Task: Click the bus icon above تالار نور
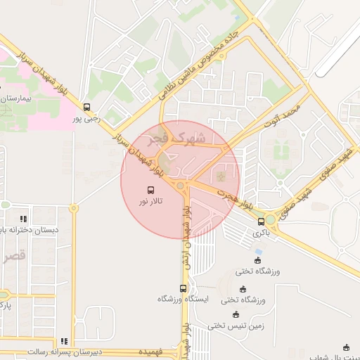click(x=150, y=190)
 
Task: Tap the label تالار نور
click(x=150, y=202)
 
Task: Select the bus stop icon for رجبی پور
click(x=86, y=108)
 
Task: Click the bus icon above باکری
click(x=262, y=221)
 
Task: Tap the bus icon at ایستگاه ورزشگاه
click(x=184, y=288)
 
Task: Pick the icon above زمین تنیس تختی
click(x=236, y=314)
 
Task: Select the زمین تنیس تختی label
click(x=236, y=326)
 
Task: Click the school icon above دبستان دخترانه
click(x=24, y=219)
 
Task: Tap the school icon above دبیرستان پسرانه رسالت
click(x=65, y=341)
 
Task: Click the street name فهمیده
click(x=151, y=351)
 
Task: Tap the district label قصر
click(x=15, y=256)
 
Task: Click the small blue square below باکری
click(x=259, y=251)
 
